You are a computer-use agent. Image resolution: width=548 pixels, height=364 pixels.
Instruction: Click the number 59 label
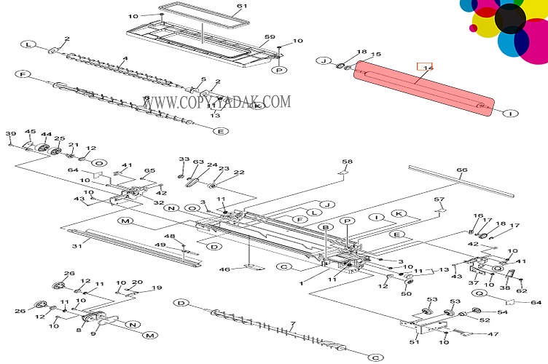[x=270, y=36]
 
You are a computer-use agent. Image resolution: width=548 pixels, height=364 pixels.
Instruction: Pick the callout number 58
[x=347, y=162]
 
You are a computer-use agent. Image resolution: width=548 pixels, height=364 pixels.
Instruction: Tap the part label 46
[x=225, y=269]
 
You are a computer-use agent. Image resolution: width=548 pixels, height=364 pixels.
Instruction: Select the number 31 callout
[x=75, y=245]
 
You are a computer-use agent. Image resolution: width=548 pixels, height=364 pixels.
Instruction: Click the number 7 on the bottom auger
[x=292, y=323]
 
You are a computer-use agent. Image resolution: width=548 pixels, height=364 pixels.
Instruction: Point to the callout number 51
[x=414, y=341]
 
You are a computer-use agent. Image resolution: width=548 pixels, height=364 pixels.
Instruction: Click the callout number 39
[x=11, y=134]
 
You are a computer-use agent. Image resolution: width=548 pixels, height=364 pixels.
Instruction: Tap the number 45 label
[x=31, y=132]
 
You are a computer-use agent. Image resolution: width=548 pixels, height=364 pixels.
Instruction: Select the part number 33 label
[x=184, y=159]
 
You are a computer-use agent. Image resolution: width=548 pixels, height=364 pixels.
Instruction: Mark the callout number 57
[x=439, y=199]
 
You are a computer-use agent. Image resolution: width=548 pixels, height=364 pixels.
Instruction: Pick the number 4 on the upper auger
[x=125, y=58]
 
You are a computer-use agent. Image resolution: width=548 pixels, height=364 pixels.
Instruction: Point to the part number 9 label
[x=93, y=333]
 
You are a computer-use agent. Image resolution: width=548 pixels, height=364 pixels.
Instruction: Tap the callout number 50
[x=407, y=293]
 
